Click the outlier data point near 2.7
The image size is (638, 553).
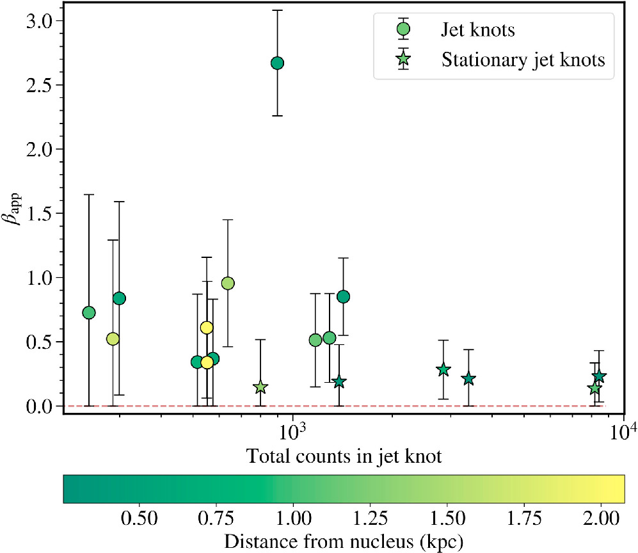pos(277,63)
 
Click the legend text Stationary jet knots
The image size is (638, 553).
pos(523,60)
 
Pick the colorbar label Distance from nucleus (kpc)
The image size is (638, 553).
pos(344,541)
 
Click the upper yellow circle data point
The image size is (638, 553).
pos(206,328)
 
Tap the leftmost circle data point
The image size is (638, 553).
pos(89,312)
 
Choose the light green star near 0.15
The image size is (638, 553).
pos(260,387)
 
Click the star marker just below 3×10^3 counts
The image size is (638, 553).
pos(443,370)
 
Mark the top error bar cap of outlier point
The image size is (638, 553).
pos(277,10)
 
